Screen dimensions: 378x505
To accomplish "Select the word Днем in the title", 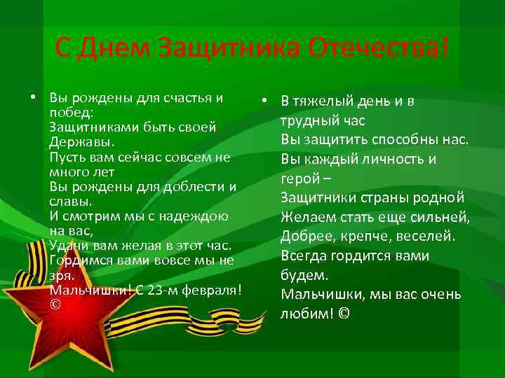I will tap(116, 48).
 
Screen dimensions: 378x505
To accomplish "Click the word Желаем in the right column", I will tap(307, 217).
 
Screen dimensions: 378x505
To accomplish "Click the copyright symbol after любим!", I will tap(343, 314).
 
